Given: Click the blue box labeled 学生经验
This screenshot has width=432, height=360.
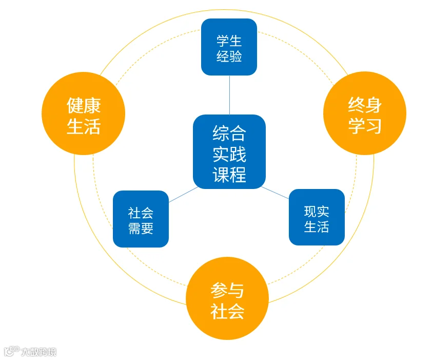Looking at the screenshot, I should (229, 47).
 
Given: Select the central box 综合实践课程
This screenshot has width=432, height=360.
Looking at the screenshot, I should (229, 152).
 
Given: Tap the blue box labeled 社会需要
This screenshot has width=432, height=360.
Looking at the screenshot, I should (141, 219).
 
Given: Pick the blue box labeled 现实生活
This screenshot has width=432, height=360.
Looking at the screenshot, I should (317, 217).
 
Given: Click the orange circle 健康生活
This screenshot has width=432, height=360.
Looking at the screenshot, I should (83, 113).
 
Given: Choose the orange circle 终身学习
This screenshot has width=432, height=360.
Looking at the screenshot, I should (364, 113).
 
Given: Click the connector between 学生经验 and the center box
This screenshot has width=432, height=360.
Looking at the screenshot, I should (229, 95).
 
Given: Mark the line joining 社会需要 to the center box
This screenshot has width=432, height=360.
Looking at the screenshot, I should (181, 195).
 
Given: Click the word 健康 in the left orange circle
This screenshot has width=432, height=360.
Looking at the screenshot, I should (83, 105).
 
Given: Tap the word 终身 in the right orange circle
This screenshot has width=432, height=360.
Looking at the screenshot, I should (364, 105).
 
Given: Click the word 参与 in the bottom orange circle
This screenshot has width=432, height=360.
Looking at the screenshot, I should (227, 290).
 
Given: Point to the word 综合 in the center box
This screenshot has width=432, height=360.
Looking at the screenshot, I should (229, 133).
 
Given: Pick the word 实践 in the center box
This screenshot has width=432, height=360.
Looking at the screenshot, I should (229, 154).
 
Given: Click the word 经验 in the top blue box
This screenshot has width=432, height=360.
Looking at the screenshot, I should (229, 56).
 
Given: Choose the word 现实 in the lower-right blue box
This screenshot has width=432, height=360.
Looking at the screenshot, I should (317, 211).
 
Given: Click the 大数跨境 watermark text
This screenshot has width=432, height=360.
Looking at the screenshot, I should (38, 352).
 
